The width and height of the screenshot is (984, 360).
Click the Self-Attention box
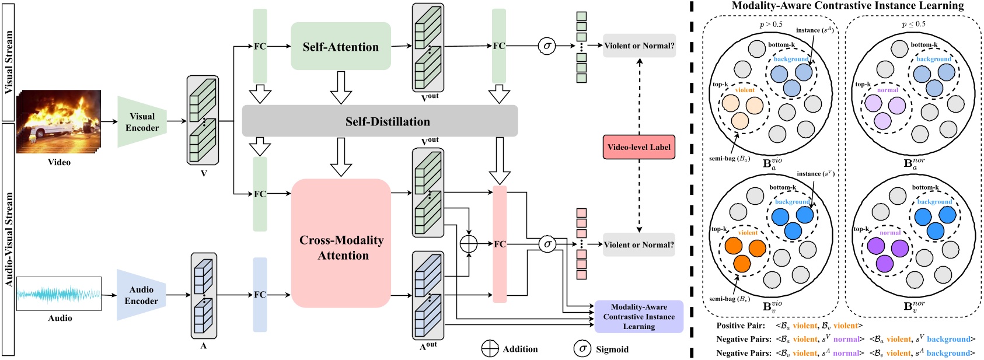[x=341, y=47]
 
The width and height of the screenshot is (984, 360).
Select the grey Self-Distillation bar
[x=380, y=121]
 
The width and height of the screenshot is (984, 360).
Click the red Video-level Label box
[x=639, y=147]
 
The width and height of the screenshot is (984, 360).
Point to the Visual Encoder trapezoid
[x=142, y=122]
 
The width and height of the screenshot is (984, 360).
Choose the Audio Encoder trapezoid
[x=141, y=295]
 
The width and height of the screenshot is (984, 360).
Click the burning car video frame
[x=59, y=122]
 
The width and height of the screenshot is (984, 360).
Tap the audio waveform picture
[x=59, y=293]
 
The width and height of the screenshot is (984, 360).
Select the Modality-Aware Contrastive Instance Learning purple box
[x=639, y=317]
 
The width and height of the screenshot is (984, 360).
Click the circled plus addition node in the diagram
[x=469, y=244]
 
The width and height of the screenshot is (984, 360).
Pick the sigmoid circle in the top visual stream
[x=547, y=46]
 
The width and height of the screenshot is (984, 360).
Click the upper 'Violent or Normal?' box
[x=639, y=46]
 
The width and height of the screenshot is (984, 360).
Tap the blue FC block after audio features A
[x=260, y=295]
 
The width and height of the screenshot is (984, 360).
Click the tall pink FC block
[x=500, y=244]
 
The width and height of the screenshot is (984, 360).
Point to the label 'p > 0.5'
[x=771, y=25]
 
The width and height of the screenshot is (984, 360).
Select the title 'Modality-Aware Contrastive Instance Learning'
[x=847, y=6]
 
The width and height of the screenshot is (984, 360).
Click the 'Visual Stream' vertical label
[x=9, y=62]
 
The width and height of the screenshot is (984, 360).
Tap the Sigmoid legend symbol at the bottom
[x=582, y=349]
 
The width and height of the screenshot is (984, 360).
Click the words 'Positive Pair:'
[x=741, y=326]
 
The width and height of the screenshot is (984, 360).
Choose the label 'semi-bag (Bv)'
[x=730, y=299]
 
